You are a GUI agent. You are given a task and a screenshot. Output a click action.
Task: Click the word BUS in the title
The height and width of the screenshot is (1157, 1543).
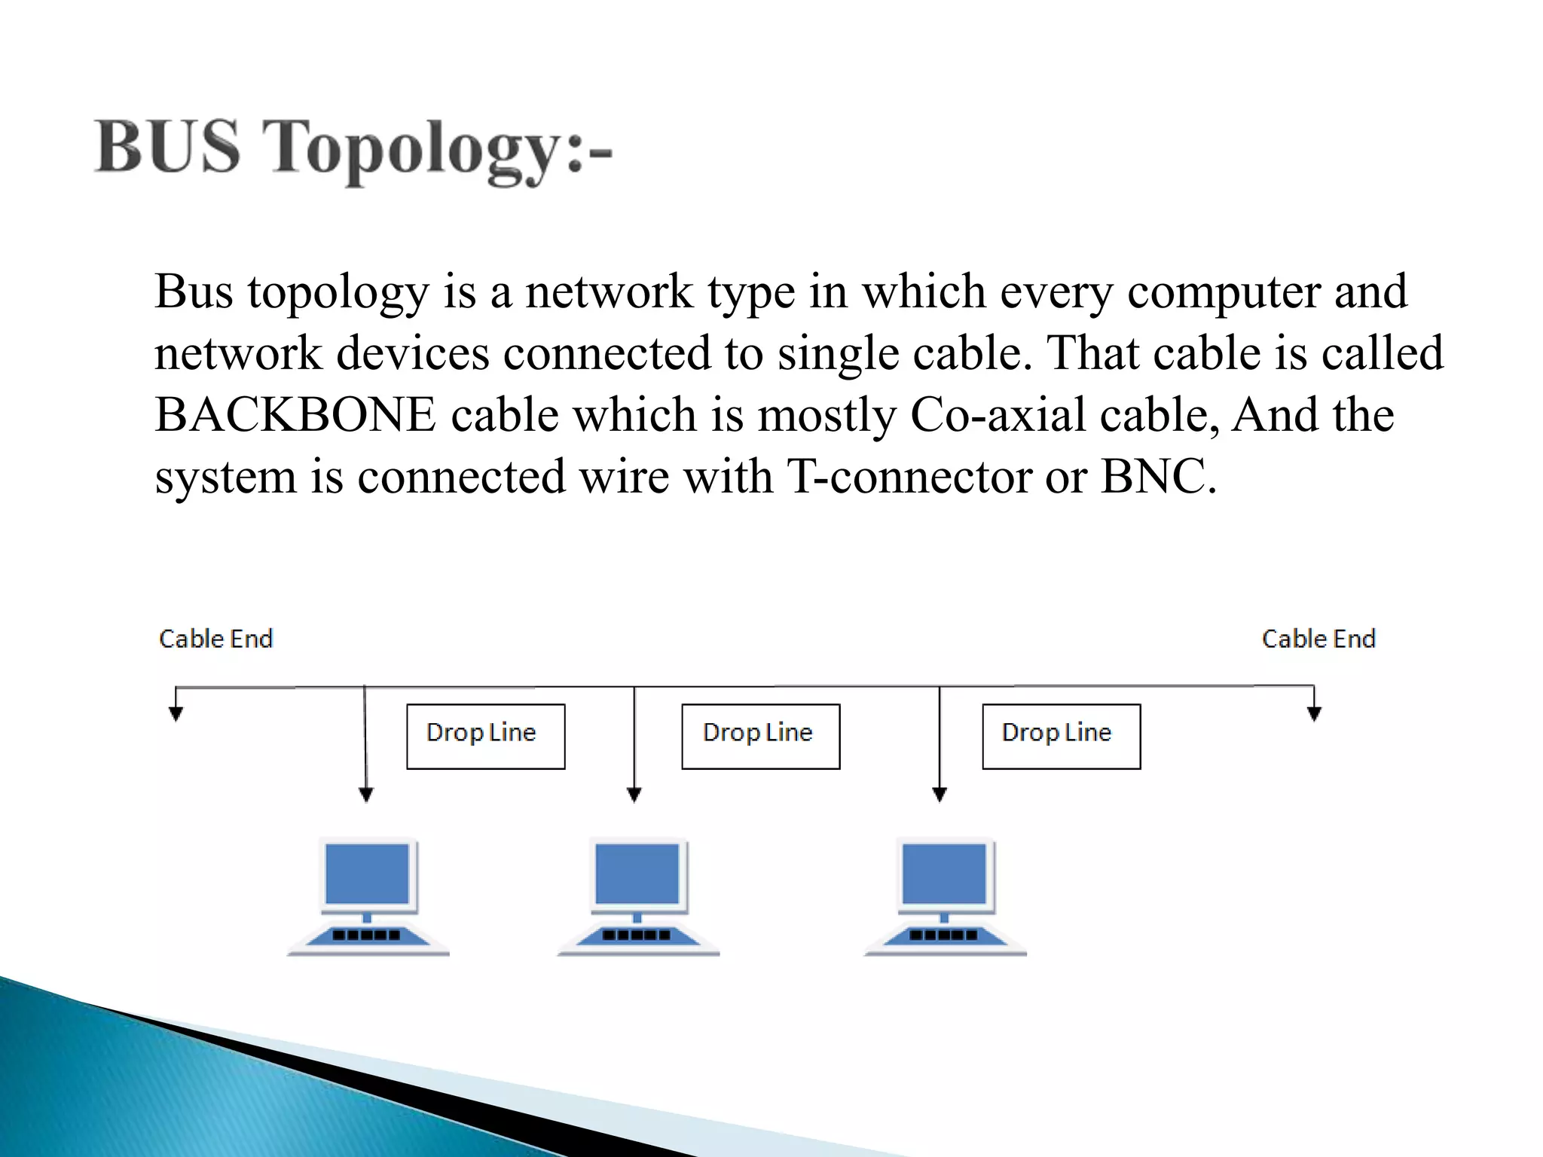(x=167, y=147)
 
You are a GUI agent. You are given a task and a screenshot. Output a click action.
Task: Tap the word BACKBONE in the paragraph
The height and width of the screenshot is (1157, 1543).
(x=295, y=415)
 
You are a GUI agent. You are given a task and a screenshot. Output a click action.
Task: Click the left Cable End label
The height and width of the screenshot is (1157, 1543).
(x=215, y=639)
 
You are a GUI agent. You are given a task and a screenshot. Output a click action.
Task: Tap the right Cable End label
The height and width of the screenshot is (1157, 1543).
(x=1318, y=639)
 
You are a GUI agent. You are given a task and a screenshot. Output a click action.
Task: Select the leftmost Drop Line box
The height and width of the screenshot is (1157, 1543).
(x=485, y=736)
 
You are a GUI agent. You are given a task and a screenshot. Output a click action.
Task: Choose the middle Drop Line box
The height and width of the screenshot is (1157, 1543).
(x=760, y=736)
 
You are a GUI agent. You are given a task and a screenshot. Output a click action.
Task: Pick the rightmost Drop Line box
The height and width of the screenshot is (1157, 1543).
(x=1061, y=736)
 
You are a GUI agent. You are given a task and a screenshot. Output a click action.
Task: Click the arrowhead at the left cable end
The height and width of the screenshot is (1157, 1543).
(x=176, y=714)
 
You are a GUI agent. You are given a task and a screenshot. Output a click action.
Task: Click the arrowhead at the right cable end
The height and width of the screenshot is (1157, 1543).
(x=1314, y=714)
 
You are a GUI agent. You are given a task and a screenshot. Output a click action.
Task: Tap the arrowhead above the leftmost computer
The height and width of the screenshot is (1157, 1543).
(x=366, y=795)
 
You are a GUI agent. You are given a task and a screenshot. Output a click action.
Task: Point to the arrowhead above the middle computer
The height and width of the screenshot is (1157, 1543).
(x=634, y=795)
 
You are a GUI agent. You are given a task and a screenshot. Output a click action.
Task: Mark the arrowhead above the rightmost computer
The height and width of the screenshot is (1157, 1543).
(x=940, y=795)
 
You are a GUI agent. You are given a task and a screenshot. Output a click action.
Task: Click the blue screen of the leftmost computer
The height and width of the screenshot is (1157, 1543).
(x=367, y=874)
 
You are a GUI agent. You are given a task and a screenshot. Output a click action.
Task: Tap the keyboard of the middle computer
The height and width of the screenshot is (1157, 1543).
(x=637, y=936)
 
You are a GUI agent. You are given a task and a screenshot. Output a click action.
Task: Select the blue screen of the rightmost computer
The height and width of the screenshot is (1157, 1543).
(x=944, y=874)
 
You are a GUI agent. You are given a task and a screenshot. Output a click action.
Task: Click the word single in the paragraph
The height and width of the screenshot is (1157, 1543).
(x=838, y=353)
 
